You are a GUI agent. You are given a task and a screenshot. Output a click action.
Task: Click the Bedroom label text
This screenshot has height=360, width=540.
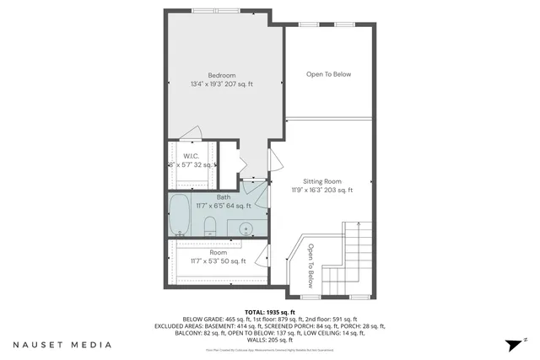(222, 74)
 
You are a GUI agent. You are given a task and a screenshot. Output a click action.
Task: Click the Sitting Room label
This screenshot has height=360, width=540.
(322, 180)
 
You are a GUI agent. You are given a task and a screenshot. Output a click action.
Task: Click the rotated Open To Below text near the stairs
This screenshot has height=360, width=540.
(310, 266)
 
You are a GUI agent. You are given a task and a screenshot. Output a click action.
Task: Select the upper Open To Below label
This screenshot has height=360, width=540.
(328, 74)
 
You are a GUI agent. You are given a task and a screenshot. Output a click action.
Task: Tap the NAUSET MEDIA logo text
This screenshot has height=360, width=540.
(62, 345)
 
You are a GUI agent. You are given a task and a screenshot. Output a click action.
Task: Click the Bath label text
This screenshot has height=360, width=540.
(223, 196)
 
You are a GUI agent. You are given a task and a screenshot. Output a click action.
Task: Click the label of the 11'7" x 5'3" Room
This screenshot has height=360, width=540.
(218, 252)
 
